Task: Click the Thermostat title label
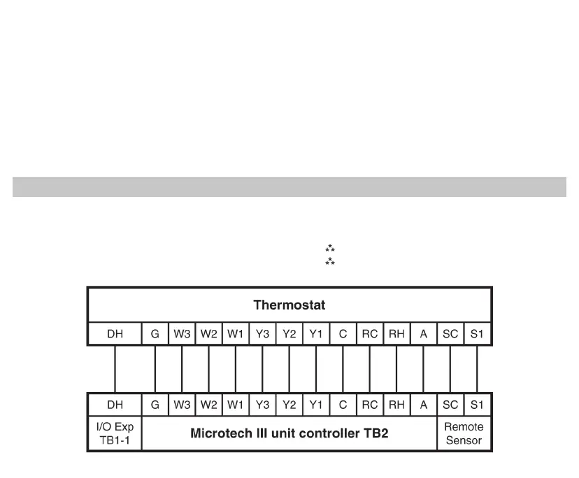289,305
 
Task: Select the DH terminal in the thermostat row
115,334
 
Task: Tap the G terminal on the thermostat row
155,334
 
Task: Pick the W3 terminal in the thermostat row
182,334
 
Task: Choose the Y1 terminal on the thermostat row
316,334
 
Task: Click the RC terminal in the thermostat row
370,334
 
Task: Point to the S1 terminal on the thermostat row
477,334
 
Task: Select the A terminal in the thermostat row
424,334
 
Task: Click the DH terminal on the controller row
115,405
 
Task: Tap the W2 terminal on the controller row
209,405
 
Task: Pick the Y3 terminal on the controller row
262,405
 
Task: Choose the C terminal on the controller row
343,405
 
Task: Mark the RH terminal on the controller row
396,405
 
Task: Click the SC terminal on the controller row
450,405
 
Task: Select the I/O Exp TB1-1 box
115,433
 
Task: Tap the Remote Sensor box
464,433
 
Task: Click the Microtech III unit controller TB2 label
289,433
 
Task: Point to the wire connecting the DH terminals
115,369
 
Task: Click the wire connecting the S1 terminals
477,369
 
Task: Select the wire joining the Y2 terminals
289,369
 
